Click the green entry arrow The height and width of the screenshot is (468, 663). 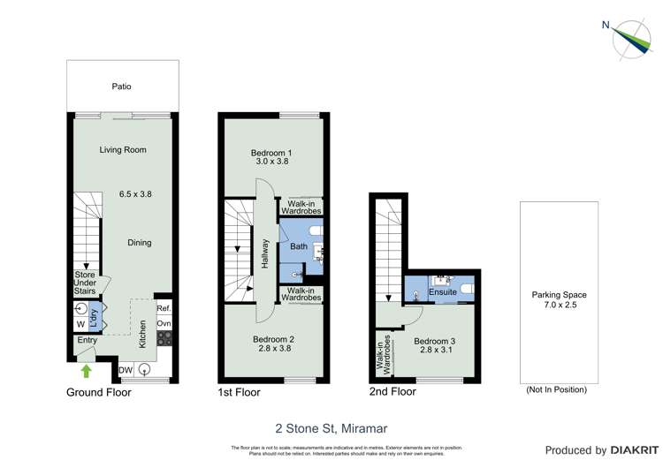86,371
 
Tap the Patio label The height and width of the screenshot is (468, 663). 121,87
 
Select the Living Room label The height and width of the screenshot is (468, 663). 123,149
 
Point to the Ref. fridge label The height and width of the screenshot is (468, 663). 164,308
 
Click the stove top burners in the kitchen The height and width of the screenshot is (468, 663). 164,337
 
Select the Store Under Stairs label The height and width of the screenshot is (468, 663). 84,283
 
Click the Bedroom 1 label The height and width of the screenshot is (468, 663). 271,153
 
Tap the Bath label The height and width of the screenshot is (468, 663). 299,246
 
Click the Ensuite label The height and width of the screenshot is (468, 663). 443,291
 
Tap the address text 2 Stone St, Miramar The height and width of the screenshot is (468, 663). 331,427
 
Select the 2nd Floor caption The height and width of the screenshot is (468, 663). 392,391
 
